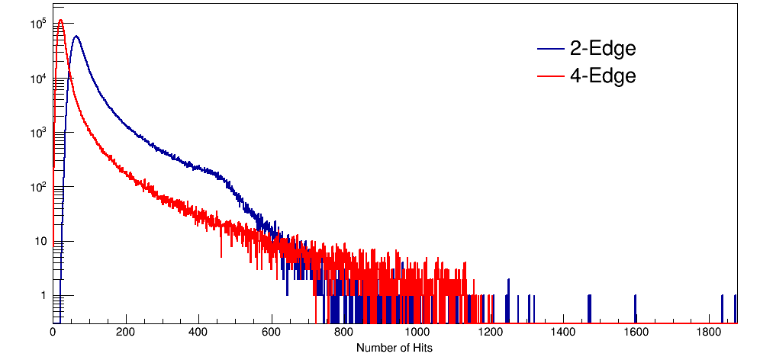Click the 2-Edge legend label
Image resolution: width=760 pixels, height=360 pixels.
602,49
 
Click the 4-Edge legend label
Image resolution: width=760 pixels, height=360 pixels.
602,76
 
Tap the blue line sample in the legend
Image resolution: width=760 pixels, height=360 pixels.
551,50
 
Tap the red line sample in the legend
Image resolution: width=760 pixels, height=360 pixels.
551,76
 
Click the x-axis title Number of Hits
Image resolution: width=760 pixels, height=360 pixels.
394,348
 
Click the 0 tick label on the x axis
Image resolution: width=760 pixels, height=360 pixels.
53,333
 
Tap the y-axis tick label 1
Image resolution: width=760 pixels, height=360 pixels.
42,296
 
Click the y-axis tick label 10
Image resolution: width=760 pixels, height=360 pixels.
40,242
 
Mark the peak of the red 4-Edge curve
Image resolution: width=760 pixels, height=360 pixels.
60,21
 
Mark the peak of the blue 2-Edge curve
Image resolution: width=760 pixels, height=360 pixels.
76,36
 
